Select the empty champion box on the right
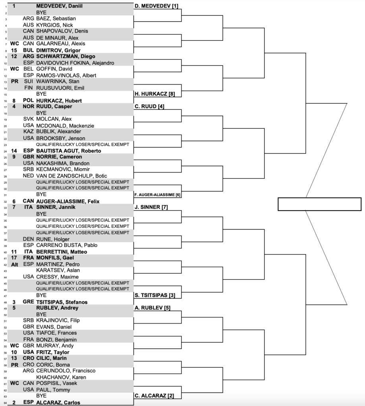coord(319,204)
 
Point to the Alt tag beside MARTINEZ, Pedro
coord(15,264)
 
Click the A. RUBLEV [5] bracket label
coord(149,308)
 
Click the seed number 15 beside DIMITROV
coord(15,50)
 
